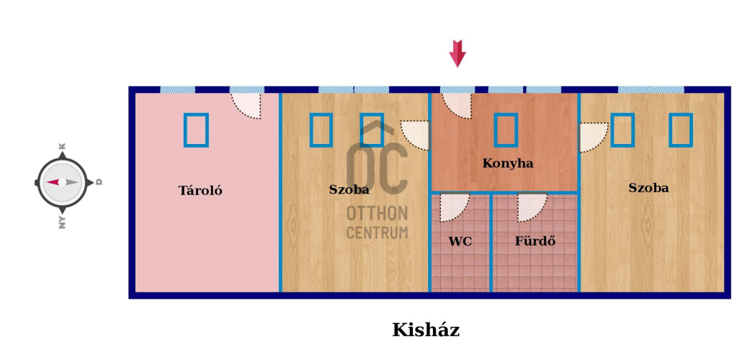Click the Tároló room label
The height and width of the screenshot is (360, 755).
tap(200, 191)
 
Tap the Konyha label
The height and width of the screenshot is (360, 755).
tap(508, 163)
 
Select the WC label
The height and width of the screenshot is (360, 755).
tap(460, 242)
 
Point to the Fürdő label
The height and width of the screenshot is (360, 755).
tap(535, 241)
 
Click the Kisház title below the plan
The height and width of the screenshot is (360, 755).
tap(426, 330)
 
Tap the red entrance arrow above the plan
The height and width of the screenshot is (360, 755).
tap(457, 53)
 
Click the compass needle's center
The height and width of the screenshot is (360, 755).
tap(62, 182)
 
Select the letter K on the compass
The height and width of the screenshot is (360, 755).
tap(62, 146)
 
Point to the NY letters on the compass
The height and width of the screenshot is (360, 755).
tap(62, 222)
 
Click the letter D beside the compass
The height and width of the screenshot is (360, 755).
tap(99, 182)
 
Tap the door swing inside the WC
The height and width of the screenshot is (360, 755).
tap(454, 207)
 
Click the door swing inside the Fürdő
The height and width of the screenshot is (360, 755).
tap(532, 207)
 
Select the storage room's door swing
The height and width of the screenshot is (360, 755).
tap(246, 106)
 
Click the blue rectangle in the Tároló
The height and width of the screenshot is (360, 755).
tap(196, 130)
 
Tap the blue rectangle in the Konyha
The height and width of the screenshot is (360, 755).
tap(506, 130)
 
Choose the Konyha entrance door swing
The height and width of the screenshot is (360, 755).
tap(457, 105)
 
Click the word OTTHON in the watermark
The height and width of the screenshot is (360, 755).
tap(377, 213)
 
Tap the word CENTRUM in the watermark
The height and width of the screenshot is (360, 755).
tap(377, 233)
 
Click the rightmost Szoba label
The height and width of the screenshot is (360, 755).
tap(648, 188)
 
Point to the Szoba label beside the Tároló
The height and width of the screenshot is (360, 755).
tap(349, 189)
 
